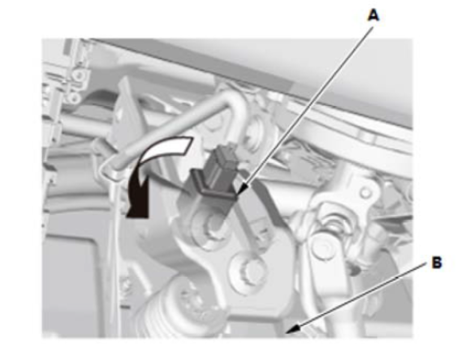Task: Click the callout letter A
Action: pyautogui.click(x=374, y=15)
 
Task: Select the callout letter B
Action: pyautogui.click(x=437, y=262)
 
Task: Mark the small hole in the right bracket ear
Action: pyautogui.click(x=366, y=192)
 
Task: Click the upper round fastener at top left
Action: pyautogui.click(x=79, y=75)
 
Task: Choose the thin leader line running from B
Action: pyautogui.click(x=356, y=297)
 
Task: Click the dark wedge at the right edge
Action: pyautogui.click(x=398, y=220)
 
